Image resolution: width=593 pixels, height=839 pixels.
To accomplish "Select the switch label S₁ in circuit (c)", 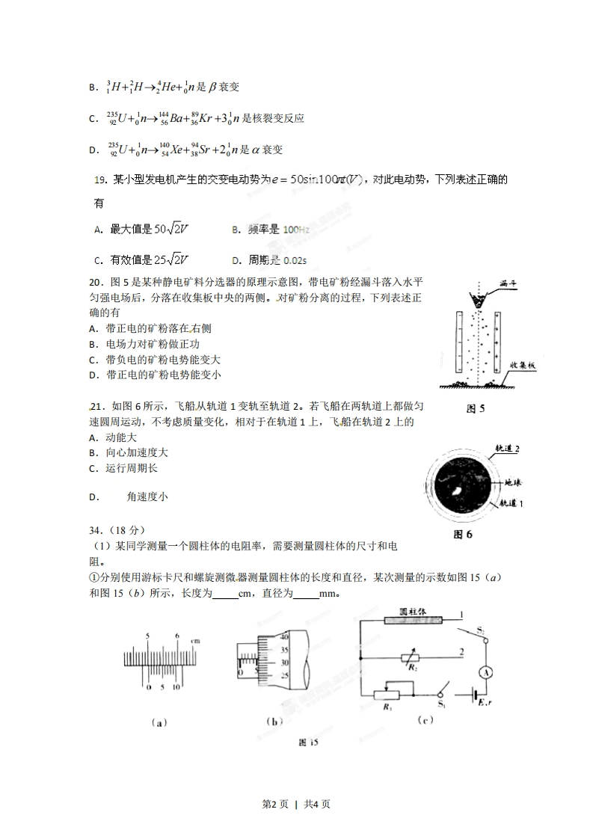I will [440, 703].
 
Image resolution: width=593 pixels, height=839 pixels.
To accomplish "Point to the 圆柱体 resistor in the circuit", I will [412, 619].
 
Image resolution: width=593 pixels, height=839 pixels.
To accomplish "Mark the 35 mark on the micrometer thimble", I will [283, 650].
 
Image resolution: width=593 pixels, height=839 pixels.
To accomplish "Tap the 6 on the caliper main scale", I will [176, 636].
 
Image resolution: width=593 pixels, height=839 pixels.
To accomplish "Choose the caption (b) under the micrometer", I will [273, 722].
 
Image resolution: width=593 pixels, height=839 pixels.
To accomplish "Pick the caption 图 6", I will [464, 535].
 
